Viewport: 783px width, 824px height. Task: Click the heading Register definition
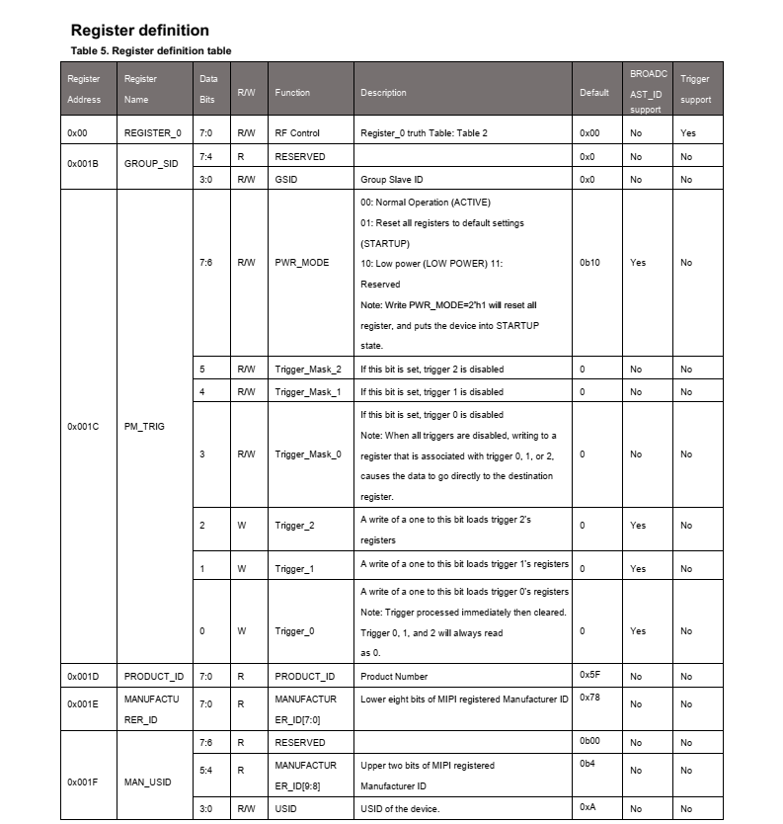139,31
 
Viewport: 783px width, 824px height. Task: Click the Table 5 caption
151,50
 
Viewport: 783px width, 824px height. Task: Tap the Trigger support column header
695,89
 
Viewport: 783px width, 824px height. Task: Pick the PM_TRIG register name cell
144,427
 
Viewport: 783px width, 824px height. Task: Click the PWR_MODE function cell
302,263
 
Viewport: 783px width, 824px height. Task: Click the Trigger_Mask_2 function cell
307,370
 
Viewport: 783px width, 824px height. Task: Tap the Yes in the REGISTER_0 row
687,132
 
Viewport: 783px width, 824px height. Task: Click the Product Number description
394,677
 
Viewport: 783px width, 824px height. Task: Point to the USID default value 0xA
588,808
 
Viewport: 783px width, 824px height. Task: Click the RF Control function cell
297,132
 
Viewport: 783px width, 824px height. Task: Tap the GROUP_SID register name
150,164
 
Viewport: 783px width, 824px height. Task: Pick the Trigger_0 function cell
294,630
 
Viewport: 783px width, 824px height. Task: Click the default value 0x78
590,698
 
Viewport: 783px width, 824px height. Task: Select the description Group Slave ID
392,180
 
